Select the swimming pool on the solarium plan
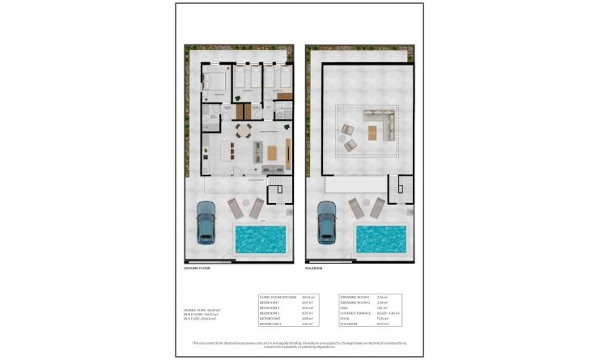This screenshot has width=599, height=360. pyautogui.click(x=380, y=239)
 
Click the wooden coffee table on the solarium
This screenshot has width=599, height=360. pyautogui.click(x=373, y=133)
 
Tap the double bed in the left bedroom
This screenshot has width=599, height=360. pyautogui.click(x=216, y=81)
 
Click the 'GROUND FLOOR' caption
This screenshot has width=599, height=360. pyautogui.click(x=198, y=268)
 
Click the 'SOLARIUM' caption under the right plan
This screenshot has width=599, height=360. pyautogui.click(x=315, y=268)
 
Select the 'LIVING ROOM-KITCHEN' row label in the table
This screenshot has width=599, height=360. pyautogui.click(x=276, y=297)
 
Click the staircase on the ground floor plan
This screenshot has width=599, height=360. pyautogui.click(x=278, y=195)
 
